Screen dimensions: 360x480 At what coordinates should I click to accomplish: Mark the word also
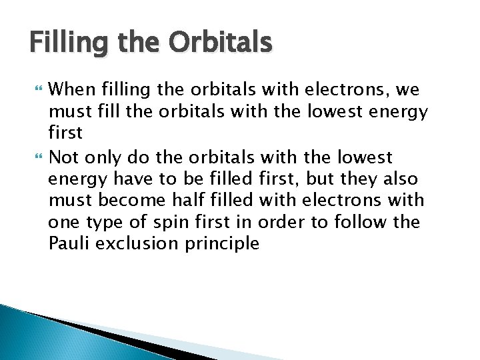coord(399,179)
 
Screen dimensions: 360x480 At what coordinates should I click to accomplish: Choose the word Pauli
coord(69,243)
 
